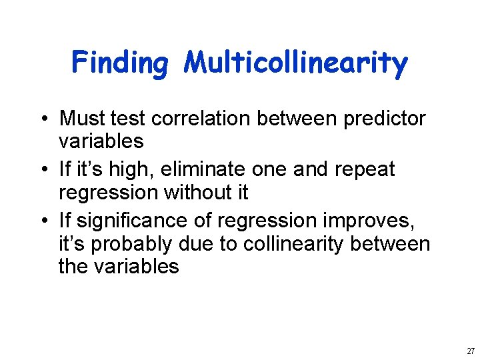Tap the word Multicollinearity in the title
click(x=296, y=63)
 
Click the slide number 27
click(x=471, y=351)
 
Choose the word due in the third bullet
click(x=199, y=244)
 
